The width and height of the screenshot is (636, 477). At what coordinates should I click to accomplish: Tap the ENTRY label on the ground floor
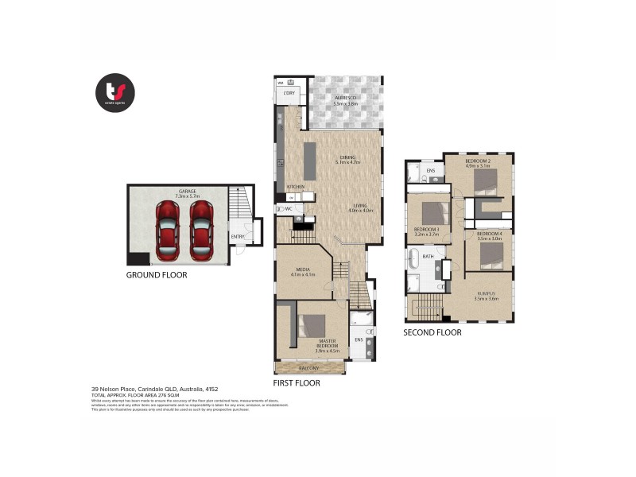pos(238,236)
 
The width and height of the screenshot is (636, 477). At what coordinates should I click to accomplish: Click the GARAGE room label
pos(188,191)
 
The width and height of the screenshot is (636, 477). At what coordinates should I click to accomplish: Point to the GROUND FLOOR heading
pos(157,275)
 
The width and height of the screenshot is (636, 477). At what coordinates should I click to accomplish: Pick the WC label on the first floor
pos(289,208)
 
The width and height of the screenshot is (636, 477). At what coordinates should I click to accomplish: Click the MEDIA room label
pos(303,270)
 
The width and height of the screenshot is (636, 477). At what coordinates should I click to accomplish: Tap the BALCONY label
pos(310,368)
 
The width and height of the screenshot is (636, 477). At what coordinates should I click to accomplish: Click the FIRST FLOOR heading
pos(296,382)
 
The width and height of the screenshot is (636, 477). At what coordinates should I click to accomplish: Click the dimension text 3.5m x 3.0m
pos(489,238)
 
